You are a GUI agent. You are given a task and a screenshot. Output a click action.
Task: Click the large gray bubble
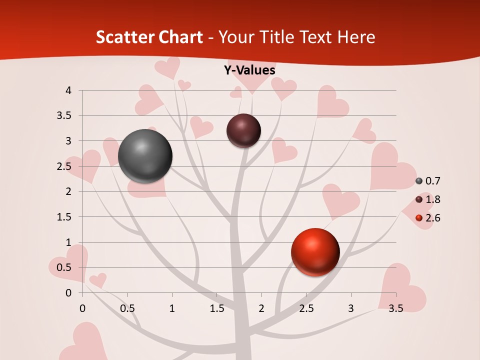tap(145, 156)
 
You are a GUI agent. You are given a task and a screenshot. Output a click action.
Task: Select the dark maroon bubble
tap(243, 130)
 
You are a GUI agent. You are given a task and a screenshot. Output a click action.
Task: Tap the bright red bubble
tap(315, 252)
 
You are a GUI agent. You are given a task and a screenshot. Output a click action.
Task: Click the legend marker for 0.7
tap(419, 181)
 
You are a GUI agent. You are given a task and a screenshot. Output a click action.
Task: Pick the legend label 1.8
tap(432, 199)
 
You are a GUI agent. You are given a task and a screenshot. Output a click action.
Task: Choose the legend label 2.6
tap(432, 218)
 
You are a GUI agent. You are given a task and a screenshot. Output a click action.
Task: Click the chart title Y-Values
tap(249, 70)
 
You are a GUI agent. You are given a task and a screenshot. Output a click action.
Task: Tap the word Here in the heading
tap(356, 37)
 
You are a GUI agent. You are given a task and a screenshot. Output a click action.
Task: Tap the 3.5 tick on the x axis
tap(395, 308)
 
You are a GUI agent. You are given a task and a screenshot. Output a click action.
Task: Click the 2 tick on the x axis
tap(261, 308)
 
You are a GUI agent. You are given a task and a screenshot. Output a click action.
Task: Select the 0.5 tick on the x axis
tap(127, 308)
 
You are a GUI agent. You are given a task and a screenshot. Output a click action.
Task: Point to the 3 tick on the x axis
tap(351, 308)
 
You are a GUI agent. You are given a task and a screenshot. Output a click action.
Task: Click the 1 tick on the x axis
tap(172, 308)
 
